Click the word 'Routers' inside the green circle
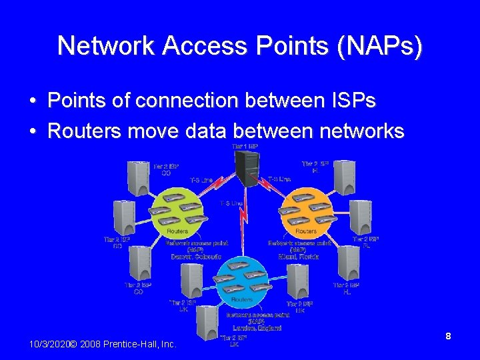(177, 231)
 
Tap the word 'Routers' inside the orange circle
(306, 231)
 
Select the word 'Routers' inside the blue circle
(241, 300)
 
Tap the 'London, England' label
(257, 327)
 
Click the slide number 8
(449, 337)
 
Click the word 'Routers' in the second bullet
(84, 131)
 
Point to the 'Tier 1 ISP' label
(245, 146)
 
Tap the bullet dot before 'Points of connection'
(32, 101)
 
